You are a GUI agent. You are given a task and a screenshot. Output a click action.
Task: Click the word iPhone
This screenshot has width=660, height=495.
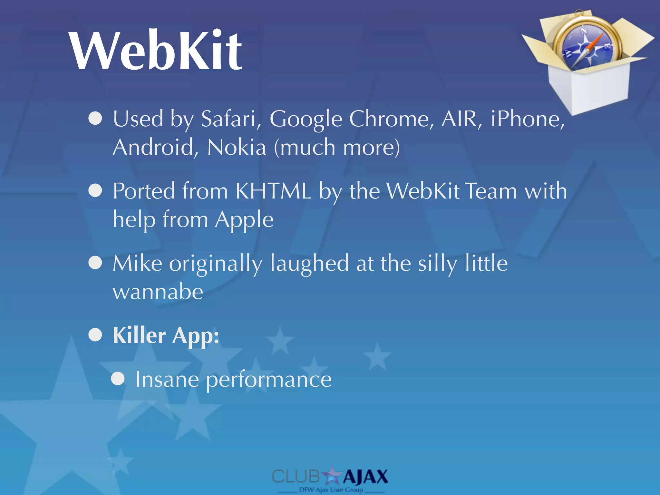click(528, 119)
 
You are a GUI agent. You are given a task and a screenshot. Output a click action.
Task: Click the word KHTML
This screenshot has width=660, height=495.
click(273, 191)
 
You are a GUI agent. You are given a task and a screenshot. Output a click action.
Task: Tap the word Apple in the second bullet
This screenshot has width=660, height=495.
click(244, 220)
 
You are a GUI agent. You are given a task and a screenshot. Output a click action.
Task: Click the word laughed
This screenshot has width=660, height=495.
click(309, 264)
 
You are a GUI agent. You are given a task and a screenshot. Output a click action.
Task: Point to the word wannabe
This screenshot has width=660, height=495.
click(158, 292)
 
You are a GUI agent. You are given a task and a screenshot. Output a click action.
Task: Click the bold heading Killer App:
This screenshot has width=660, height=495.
click(166, 336)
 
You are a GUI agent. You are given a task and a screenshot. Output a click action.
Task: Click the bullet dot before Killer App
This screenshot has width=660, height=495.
click(95, 335)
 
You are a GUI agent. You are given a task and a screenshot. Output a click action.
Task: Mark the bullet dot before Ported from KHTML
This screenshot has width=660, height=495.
click(95, 190)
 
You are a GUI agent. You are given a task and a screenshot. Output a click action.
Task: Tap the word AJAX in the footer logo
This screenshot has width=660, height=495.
click(365, 477)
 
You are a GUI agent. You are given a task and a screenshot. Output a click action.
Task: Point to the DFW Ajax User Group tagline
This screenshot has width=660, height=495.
click(331, 490)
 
